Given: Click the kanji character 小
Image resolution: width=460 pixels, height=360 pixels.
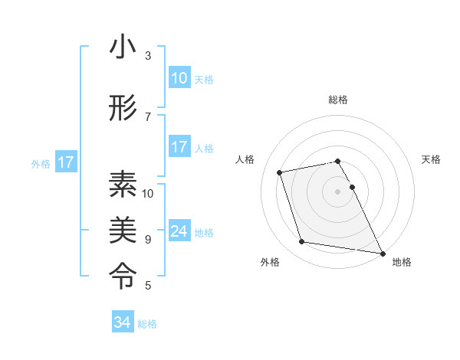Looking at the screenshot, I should tap(123, 47).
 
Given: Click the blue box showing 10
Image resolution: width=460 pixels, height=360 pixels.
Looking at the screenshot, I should tap(179, 78).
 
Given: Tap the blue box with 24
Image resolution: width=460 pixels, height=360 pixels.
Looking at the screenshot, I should tap(179, 231).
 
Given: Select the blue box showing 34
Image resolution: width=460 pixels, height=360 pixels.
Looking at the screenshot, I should tap(123, 322).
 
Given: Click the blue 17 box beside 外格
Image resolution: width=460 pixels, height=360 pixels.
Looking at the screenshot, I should tap(65, 162).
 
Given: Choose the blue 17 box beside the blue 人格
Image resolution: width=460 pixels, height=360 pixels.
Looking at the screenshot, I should tap(179, 147).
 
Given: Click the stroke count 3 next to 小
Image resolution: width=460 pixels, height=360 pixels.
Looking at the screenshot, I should tap(148, 56).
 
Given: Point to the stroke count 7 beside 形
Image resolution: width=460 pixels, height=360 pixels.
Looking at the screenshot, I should tap(148, 117).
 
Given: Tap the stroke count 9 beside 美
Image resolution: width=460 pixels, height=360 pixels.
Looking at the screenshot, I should tap(148, 240).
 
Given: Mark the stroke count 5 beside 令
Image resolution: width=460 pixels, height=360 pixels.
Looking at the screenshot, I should tap(148, 286).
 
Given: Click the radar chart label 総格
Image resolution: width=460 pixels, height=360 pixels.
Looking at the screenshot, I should tap(338, 100).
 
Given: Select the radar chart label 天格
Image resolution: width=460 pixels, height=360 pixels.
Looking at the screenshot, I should tap(431, 159).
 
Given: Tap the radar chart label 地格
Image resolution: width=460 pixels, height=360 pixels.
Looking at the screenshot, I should tap(402, 262).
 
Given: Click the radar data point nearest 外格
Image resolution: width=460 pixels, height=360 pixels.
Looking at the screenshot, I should tap(302, 242).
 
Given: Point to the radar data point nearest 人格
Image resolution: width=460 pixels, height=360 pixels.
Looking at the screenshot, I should tap(280, 172).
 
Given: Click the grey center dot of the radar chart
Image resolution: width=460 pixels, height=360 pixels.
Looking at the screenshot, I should tap(338, 191).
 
